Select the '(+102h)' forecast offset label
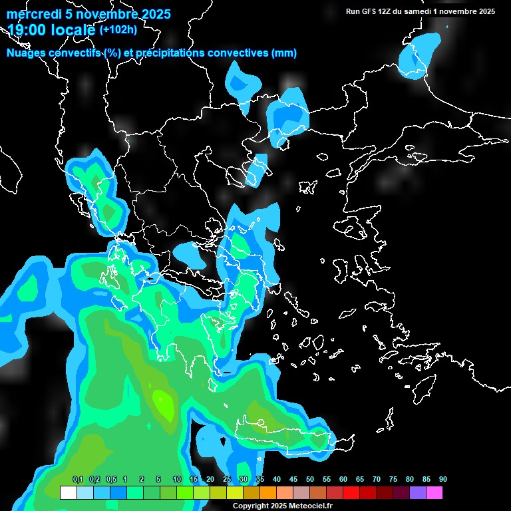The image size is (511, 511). click(118, 29)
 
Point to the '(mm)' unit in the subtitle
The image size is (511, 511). click(284, 53)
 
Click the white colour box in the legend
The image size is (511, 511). click(69, 493)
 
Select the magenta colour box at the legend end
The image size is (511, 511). click(434, 493)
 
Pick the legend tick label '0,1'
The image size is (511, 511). click(77, 480)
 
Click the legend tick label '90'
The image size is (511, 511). click(443, 480)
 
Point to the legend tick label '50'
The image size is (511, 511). click(310, 480)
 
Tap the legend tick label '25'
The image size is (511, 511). click(227, 480)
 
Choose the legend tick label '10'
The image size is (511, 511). click(177, 480)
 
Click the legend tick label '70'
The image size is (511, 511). click(377, 480)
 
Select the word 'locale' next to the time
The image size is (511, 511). click(72, 29)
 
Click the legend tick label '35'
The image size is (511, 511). click(260, 480)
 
